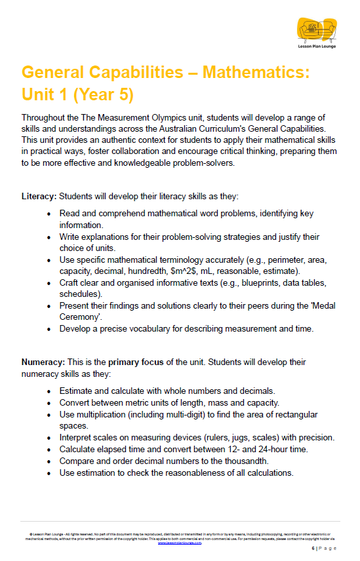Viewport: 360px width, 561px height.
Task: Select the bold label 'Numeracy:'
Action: (x=44, y=362)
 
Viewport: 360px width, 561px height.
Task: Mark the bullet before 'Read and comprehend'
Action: (x=50, y=214)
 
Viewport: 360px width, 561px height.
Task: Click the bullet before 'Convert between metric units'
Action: (x=50, y=402)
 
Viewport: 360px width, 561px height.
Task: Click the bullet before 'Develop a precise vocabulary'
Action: (x=50, y=328)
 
